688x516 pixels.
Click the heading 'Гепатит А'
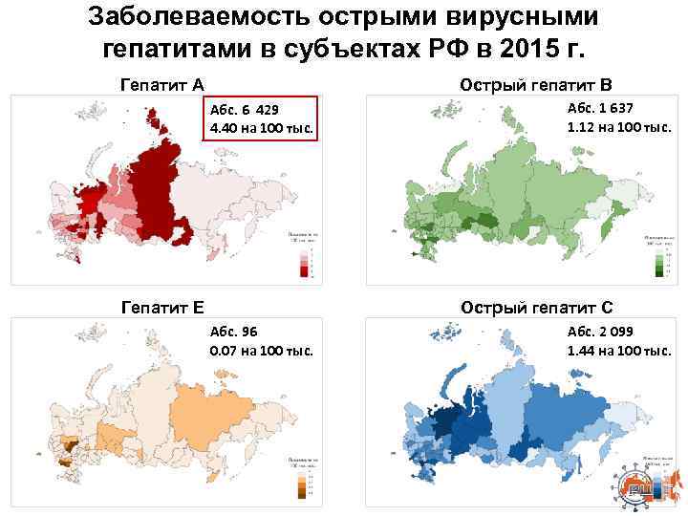tap(162, 84)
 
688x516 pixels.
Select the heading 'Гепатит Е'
tap(162, 307)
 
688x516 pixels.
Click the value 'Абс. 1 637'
tap(601, 108)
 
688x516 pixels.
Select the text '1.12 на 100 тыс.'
tap(618, 126)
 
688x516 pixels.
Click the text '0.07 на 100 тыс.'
tap(261, 351)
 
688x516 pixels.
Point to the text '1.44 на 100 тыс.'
tap(618, 351)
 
